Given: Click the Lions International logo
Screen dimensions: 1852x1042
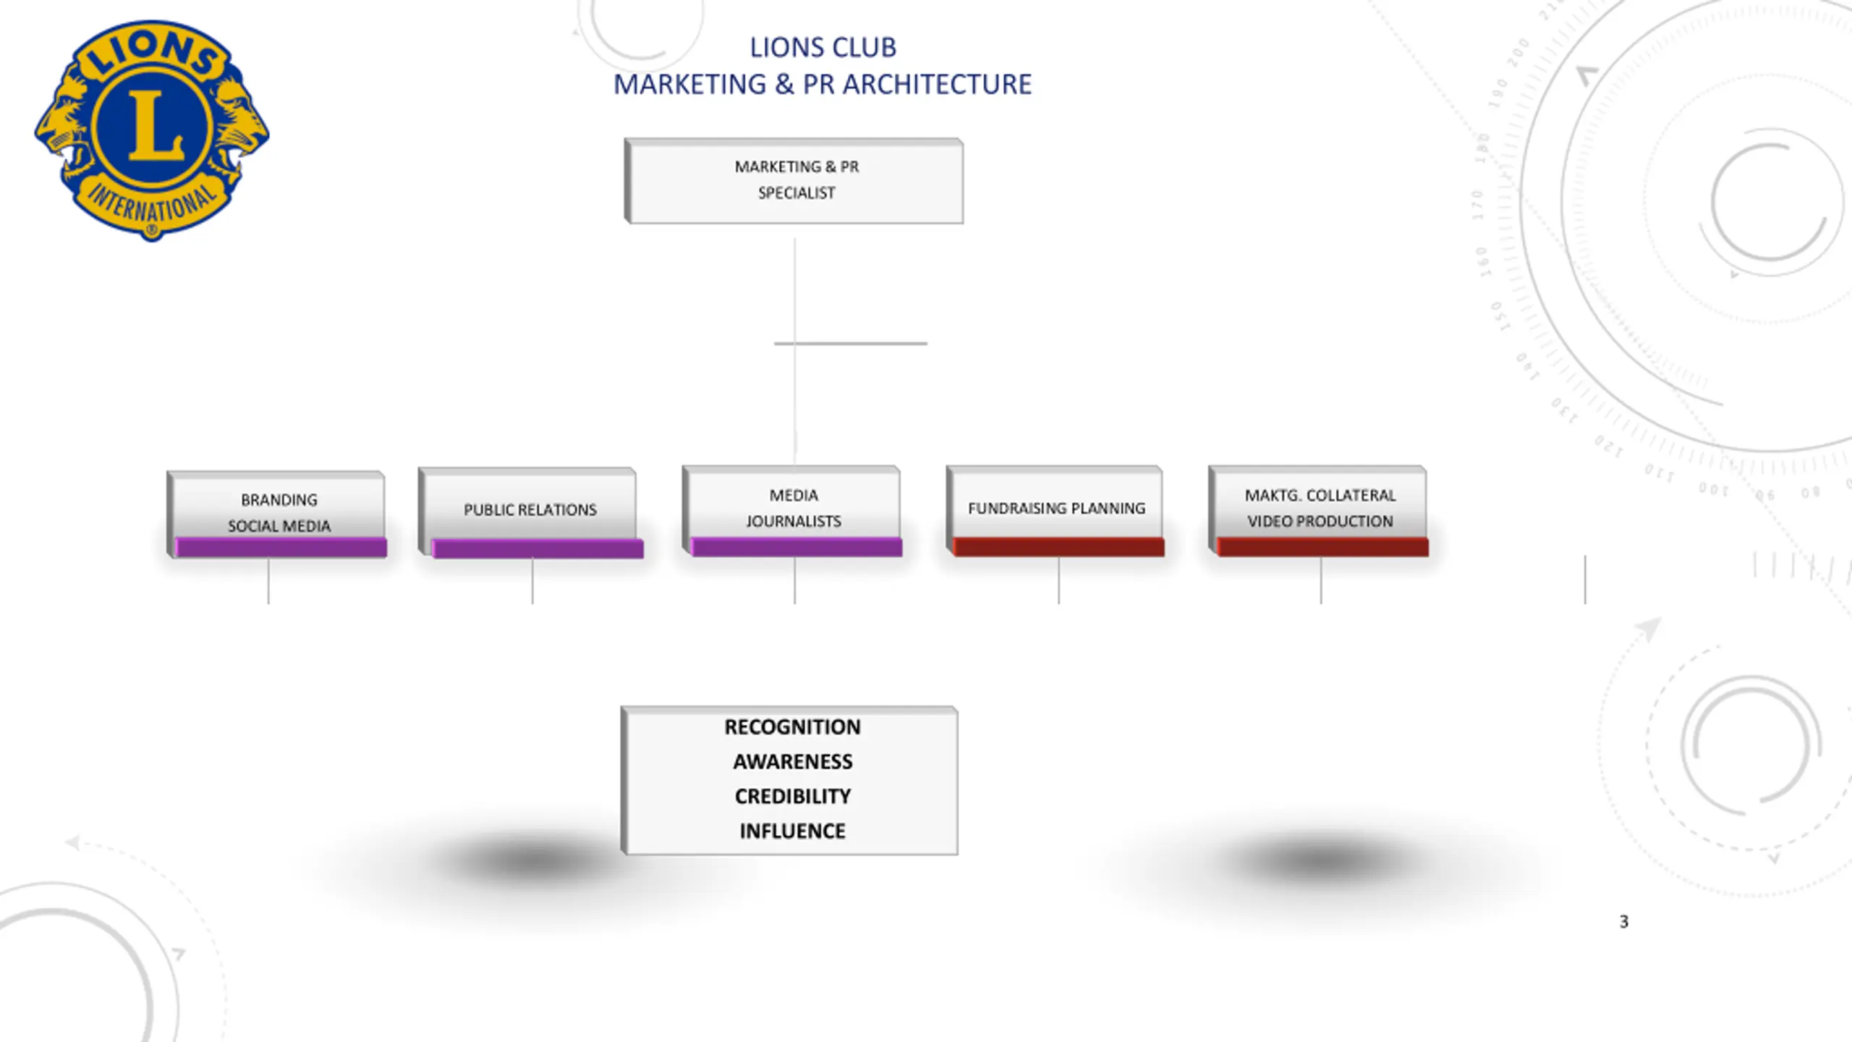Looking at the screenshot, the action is coord(152,131).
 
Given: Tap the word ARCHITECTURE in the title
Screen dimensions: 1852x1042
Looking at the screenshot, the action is coord(937,85).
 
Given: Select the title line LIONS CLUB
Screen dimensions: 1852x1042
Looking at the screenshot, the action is coord(823,48).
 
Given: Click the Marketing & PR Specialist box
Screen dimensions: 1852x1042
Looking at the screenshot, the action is coord(794,181).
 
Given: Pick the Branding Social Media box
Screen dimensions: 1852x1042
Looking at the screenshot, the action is coord(276,514).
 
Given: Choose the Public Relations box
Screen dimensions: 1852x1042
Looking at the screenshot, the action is coord(530,513).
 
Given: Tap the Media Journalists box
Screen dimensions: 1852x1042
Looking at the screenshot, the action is coord(792,511).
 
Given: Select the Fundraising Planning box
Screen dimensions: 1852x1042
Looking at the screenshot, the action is coord(1055,511).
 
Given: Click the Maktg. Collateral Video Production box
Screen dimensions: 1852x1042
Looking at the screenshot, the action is coord(1318,511).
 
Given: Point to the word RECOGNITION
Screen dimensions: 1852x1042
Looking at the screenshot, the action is coord(792,727).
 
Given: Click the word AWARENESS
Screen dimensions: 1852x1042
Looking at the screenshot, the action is coord(792,761).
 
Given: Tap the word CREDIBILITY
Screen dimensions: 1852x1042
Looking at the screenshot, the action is coord(792,796).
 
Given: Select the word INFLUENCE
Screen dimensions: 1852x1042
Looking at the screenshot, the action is coord(792,831).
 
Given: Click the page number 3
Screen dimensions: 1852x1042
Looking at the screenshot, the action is coord(1624,922).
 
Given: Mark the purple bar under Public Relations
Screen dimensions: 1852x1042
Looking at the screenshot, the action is coord(538,549).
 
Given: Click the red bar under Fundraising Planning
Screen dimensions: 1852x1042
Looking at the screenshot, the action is coord(1059,547).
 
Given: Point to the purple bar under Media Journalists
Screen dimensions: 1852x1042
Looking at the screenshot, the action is coord(797,547).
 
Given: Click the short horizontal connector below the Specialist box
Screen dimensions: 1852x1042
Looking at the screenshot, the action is coord(851,343).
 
